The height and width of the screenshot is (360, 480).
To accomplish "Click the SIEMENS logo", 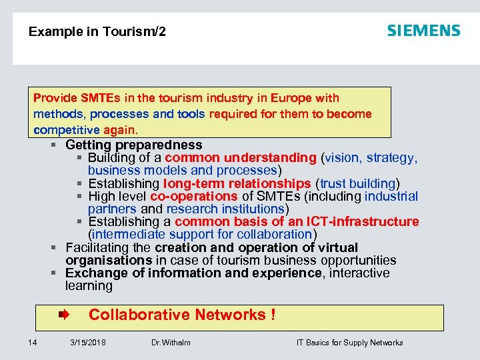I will [x=423, y=31].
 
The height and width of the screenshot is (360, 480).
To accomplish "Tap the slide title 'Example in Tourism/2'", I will [x=97, y=31].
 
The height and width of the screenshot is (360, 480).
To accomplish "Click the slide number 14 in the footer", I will [x=33, y=343].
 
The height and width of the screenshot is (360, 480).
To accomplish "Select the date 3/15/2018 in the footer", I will [x=88, y=343].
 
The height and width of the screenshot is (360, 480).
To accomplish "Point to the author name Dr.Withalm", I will [x=171, y=343].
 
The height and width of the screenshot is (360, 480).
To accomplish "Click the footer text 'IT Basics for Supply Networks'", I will [x=350, y=343].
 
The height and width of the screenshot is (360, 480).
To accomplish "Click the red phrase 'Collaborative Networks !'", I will [x=182, y=315].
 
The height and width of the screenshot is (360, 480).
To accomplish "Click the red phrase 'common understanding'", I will [x=241, y=158].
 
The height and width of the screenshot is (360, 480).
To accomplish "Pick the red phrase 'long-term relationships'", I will [x=237, y=183].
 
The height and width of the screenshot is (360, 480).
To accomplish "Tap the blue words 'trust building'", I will [x=358, y=183].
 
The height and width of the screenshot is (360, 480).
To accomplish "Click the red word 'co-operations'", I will [x=194, y=196].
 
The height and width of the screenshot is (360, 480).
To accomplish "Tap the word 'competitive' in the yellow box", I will [x=66, y=129].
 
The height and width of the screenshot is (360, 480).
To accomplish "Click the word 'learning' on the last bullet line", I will [x=89, y=286].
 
